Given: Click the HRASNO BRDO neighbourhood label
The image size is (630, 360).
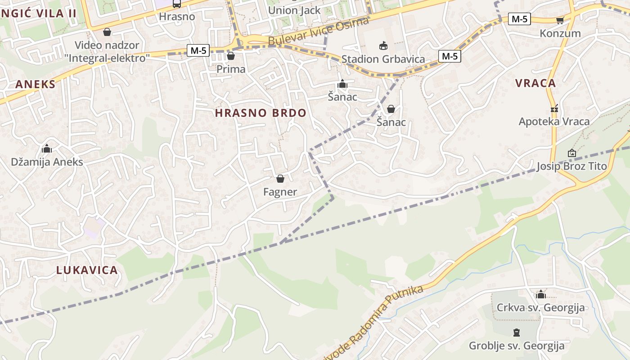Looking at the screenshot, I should [x=261, y=113].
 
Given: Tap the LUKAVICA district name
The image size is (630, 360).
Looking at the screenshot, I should [x=87, y=270].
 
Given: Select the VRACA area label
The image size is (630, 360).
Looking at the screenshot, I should [x=535, y=83].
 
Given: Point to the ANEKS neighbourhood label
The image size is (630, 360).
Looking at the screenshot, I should [x=36, y=84].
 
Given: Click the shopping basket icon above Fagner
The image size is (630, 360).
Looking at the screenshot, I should [x=280, y=179].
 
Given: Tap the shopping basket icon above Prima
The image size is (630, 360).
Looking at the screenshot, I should [x=231, y=56].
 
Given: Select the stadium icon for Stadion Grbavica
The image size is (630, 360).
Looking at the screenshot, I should [x=383, y=45].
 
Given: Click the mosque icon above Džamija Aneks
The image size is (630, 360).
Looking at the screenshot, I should [x=47, y=148].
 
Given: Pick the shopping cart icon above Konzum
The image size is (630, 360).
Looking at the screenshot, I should [x=560, y=20].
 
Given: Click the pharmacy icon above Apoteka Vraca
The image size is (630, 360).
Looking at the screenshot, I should [x=554, y=108].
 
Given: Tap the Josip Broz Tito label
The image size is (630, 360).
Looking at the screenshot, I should [x=571, y=166].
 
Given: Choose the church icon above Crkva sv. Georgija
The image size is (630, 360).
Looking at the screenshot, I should [x=540, y=294].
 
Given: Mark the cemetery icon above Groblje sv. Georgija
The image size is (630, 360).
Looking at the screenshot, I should [x=517, y=333].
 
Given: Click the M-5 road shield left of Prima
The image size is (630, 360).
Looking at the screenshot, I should [x=198, y=50].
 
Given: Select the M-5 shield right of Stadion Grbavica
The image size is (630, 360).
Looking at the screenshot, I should [x=450, y=56].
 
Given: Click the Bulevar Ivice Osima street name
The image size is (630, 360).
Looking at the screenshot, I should [x=319, y=31].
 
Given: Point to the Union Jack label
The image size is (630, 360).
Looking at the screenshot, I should [x=294, y=10].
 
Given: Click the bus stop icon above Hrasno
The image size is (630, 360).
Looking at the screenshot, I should [x=177, y=4].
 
